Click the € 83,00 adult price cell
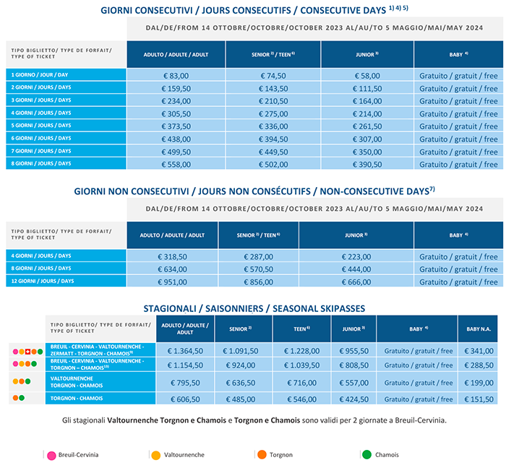pyautogui.click(x=176, y=75)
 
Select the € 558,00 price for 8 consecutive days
pyautogui.click(x=176, y=165)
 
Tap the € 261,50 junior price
pyautogui.click(x=367, y=126)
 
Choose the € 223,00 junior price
pyautogui.click(x=355, y=256)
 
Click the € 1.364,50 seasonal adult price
pyautogui.click(x=184, y=351)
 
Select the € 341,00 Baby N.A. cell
pyautogui.click(x=477, y=351)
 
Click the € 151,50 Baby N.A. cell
pyautogui.click(x=477, y=399)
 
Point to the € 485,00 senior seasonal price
pyautogui.click(x=244, y=399)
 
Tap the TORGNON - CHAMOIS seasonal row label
pyautogui.click(x=72, y=399)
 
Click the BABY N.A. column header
pyautogui.click(x=477, y=329)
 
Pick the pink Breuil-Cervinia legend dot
pyautogui.click(x=51, y=455)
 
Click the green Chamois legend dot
pyautogui.click(x=366, y=455)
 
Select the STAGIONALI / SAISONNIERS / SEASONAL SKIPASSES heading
pyautogui.click(x=254, y=308)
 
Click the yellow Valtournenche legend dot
pyautogui.click(x=155, y=455)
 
